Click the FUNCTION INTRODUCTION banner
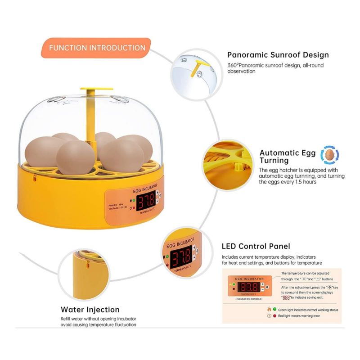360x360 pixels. coord(97,48)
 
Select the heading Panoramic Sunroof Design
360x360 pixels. coord(278,55)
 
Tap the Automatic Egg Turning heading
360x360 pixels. coord(287,157)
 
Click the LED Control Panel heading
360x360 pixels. coord(256,246)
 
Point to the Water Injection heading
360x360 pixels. coord(90,310)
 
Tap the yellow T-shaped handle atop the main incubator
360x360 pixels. coord(96,89)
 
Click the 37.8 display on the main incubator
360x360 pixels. coord(146,199)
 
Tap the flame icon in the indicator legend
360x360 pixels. coord(268,310)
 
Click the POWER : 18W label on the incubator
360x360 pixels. coord(116,205)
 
